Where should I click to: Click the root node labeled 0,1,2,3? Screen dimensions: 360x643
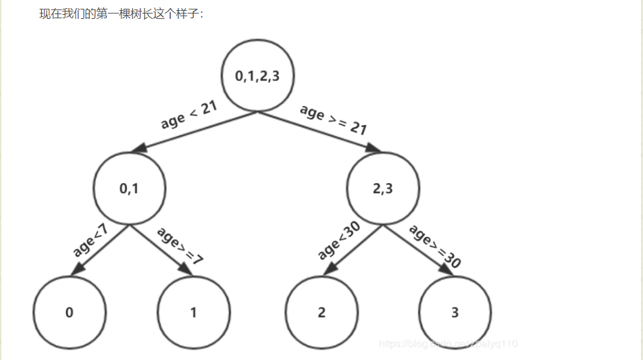coord(257,76)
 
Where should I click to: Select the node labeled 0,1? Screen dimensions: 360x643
coord(129,189)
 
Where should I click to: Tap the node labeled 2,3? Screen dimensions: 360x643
coord(383,189)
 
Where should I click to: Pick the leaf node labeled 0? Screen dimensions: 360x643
coord(70,313)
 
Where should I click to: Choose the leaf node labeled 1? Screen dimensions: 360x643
coord(194,313)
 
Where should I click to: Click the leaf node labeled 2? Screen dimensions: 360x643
coord(321,313)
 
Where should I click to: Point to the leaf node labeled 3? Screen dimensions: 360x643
coord(455,313)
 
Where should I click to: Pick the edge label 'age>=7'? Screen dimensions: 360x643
coord(180,243)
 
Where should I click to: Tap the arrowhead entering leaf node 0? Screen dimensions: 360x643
coord(78,269)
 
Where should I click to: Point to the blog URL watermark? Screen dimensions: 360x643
coord(448,344)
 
